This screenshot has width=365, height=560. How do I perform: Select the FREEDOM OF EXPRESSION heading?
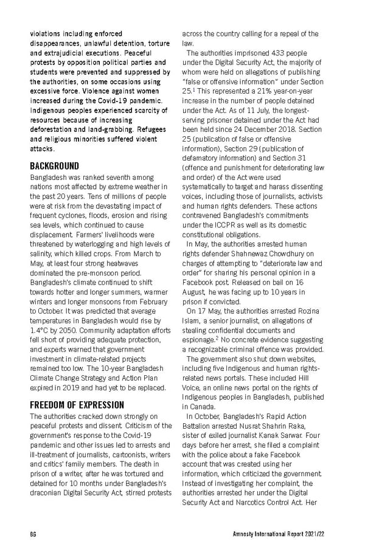click(x=77, y=405)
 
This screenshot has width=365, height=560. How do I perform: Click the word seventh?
click(x=124, y=177)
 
